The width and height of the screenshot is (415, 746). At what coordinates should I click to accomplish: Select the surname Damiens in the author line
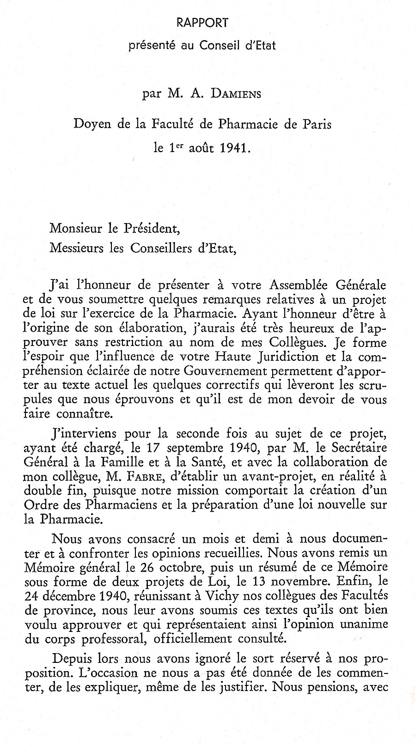point(236,94)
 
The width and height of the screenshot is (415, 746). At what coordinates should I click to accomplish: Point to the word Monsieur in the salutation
point(72,228)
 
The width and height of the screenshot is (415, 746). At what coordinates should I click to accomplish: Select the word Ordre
point(40,505)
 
